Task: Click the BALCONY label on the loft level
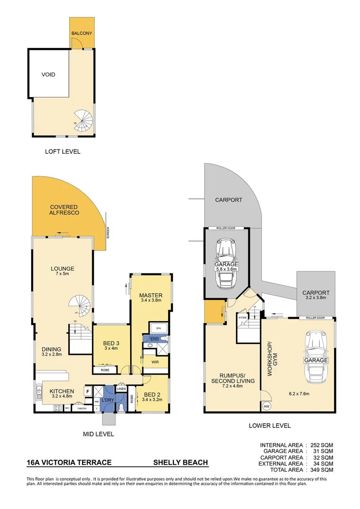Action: coord(82,34)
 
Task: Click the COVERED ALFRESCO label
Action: coord(64,210)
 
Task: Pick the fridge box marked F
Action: coord(88,391)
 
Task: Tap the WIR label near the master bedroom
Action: coord(153,362)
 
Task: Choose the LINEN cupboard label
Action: coord(121,388)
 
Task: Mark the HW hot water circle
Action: coord(267,407)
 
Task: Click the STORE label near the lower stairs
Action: coord(242,318)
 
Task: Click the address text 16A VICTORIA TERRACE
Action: coord(69,462)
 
